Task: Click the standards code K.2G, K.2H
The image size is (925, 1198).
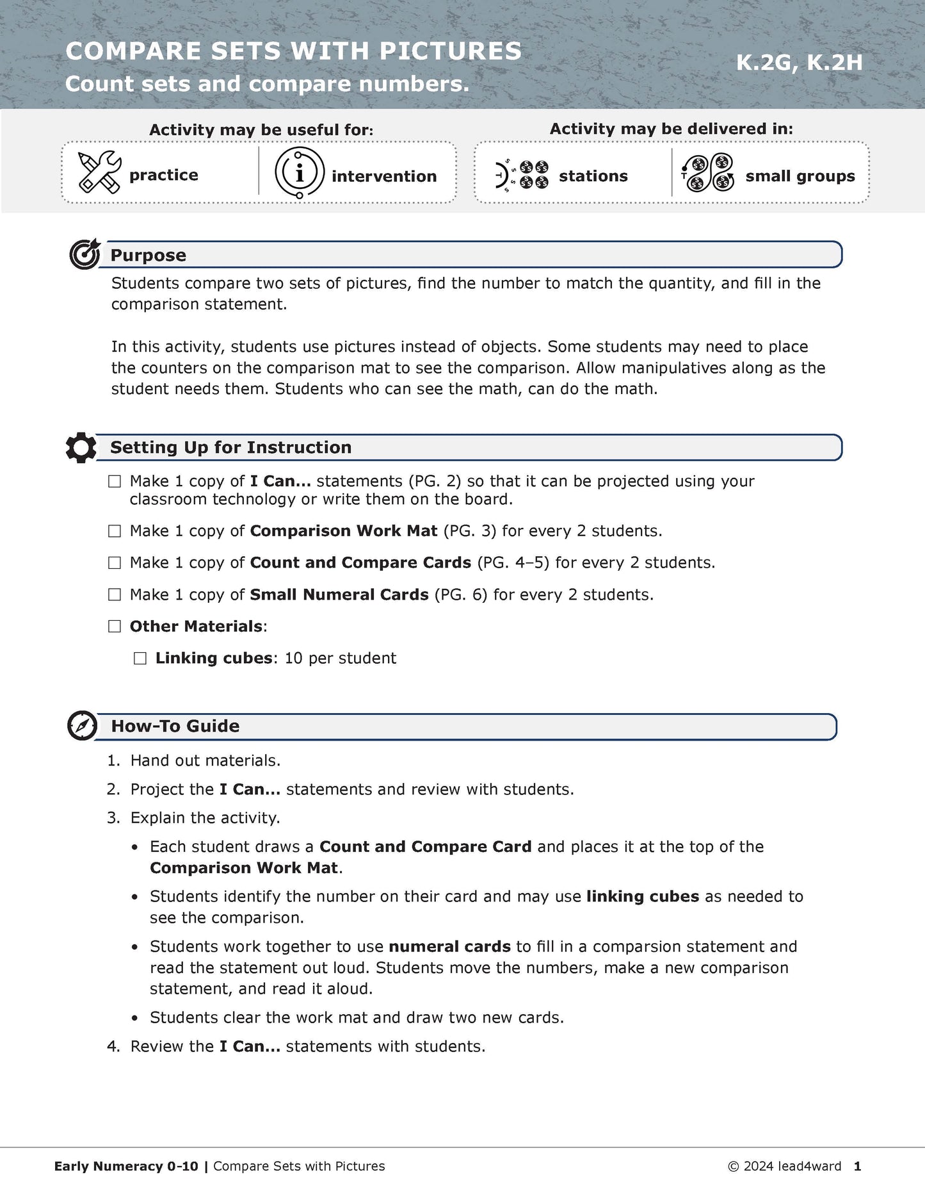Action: pos(799,63)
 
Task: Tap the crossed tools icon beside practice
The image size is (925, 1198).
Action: pos(99,173)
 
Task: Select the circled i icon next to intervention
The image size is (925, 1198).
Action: pos(299,172)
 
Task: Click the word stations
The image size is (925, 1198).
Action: pos(593,176)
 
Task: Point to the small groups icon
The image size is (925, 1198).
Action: pos(707,173)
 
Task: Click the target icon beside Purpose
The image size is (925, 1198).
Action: pos(84,254)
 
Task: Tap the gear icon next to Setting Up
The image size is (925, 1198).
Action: pos(81,447)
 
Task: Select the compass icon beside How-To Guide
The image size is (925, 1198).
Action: pos(83,726)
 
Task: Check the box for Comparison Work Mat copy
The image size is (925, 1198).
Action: pos(115,531)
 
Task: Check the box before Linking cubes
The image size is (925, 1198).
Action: pos(140,659)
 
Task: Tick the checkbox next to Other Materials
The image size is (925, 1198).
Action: pos(115,627)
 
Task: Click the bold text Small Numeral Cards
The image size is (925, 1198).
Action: pos(339,595)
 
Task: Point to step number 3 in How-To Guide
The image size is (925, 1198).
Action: pos(113,818)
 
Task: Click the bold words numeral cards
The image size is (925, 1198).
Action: pos(449,946)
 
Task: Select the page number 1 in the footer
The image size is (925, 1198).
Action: pos(857,1166)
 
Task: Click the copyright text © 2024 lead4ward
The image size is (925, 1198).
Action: pos(784,1166)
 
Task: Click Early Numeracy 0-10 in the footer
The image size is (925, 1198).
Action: pos(126,1166)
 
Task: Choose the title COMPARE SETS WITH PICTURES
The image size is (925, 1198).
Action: pos(293,51)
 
